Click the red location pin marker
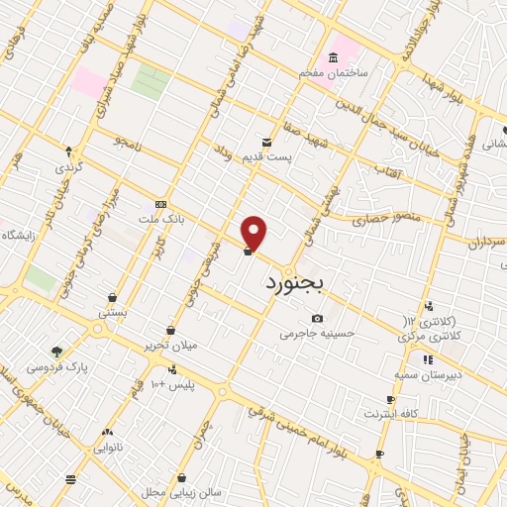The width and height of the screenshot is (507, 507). [254, 233]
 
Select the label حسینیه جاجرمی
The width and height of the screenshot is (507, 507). [316, 334]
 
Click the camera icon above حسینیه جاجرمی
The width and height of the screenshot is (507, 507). [317, 318]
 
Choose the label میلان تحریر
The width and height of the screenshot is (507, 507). [171, 346]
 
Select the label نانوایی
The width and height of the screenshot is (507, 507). [108, 447]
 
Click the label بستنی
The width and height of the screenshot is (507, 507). [112, 313]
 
